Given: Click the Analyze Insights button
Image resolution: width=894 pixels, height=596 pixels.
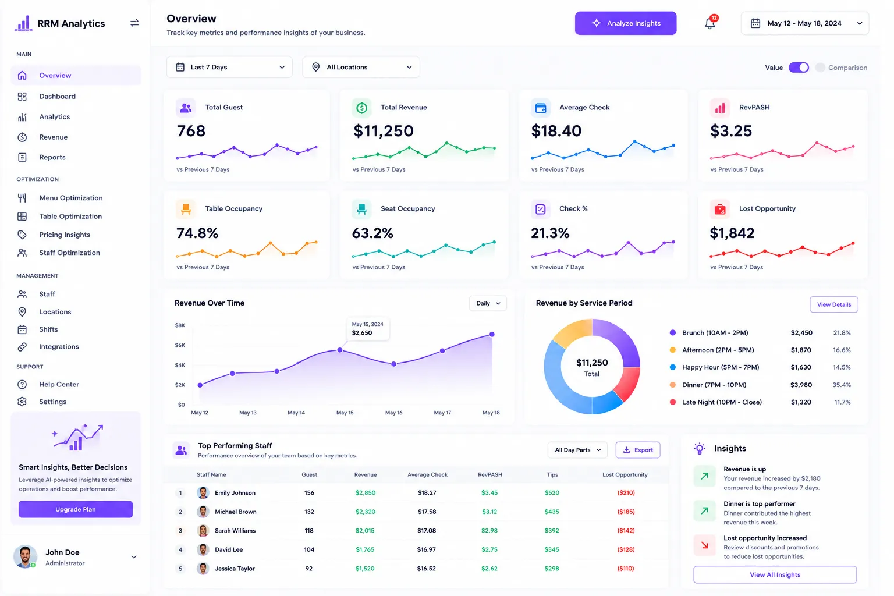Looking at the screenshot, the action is click(626, 23).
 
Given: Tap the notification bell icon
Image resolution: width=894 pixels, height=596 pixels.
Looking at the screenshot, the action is click(709, 23).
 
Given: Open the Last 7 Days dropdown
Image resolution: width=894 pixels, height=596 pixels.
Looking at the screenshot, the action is click(229, 67).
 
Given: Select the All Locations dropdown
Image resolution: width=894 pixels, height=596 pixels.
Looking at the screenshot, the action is click(361, 67).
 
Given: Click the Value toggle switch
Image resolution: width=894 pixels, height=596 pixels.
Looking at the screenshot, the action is click(799, 68).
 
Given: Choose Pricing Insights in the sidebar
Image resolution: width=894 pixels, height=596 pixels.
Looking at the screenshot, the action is click(64, 235).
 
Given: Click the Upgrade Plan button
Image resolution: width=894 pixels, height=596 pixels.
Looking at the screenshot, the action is click(76, 509).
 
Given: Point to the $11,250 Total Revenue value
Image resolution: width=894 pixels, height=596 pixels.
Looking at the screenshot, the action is click(383, 130).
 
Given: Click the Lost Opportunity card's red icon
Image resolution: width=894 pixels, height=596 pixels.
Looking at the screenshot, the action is click(719, 209).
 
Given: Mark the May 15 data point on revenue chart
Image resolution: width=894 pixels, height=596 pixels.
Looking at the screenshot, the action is click(340, 350).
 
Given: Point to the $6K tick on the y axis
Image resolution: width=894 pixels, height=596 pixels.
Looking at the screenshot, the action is click(180, 345).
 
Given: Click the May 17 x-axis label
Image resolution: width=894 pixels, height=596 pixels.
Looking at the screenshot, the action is click(442, 413).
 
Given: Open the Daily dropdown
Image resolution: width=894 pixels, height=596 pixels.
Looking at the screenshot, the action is click(488, 303).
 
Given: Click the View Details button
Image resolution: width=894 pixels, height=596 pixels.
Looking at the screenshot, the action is click(833, 304).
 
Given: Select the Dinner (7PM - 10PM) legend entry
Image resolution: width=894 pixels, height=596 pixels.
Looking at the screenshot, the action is click(714, 385).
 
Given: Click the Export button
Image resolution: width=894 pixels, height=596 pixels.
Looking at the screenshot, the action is click(638, 450).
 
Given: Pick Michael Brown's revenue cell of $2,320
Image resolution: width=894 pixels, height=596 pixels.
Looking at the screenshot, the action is click(365, 512).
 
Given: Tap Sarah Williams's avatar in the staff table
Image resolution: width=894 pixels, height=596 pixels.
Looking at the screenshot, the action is click(203, 531).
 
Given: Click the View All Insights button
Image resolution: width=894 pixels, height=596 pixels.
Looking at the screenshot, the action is click(775, 574).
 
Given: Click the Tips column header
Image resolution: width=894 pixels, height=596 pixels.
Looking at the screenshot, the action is click(552, 474).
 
